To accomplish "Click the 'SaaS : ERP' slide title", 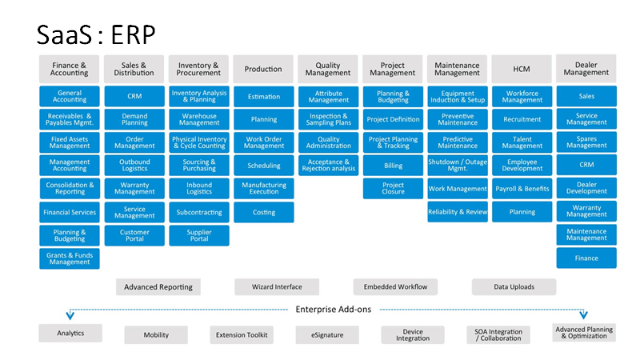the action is [x=96, y=34].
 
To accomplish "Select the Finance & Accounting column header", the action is [x=70, y=69].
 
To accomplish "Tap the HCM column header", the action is [x=522, y=69].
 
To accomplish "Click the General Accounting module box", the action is [x=70, y=96].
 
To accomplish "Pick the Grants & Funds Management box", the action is [x=70, y=258].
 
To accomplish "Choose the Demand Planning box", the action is [x=134, y=119].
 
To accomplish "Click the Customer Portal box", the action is [x=134, y=235].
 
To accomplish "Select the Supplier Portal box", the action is [x=199, y=235].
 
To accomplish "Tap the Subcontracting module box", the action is [x=199, y=212].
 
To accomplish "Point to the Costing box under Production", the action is [x=264, y=212].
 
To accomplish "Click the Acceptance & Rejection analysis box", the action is [x=329, y=166].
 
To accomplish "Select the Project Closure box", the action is [x=393, y=188].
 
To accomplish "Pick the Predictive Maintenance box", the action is [x=458, y=142].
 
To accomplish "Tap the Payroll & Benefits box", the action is [x=522, y=189].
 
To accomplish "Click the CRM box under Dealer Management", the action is [x=586, y=165].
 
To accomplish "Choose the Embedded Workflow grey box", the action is [x=395, y=287].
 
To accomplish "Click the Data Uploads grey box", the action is [x=514, y=287].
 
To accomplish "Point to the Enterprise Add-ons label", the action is [x=334, y=310].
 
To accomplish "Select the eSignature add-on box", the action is [x=327, y=334].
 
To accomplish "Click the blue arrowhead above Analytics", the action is [x=70, y=315].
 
